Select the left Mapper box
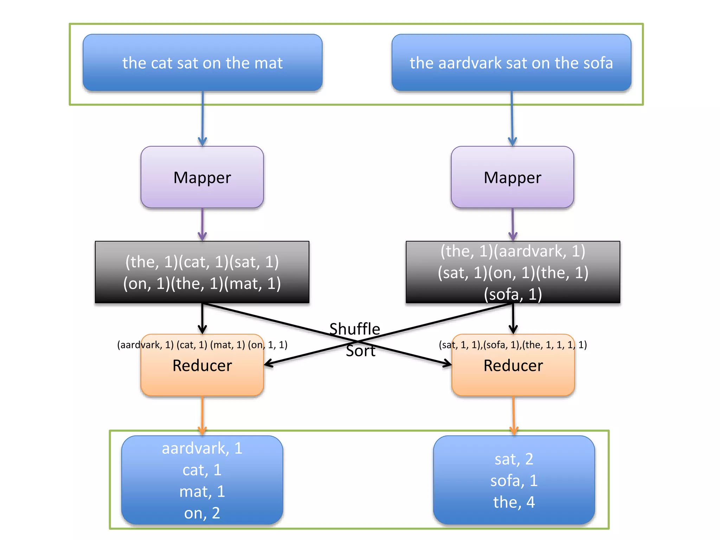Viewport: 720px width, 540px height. [202, 177]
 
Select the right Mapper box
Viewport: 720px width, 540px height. [512, 177]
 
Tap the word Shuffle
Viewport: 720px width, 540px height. [354, 329]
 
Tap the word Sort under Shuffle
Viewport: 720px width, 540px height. [360, 351]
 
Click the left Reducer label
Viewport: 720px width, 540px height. [202, 366]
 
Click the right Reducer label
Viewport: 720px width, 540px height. [513, 366]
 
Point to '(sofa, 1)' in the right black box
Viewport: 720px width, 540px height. [513, 294]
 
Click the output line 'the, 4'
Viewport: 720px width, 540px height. [514, 502]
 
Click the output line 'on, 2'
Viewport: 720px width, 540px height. [202, 513]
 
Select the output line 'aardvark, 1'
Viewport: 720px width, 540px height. [202, 449]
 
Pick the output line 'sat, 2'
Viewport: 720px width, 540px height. [514, 459]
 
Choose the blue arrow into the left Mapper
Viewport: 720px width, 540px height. [202, 120]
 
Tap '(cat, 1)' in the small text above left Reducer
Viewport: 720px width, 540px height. [192, 345]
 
